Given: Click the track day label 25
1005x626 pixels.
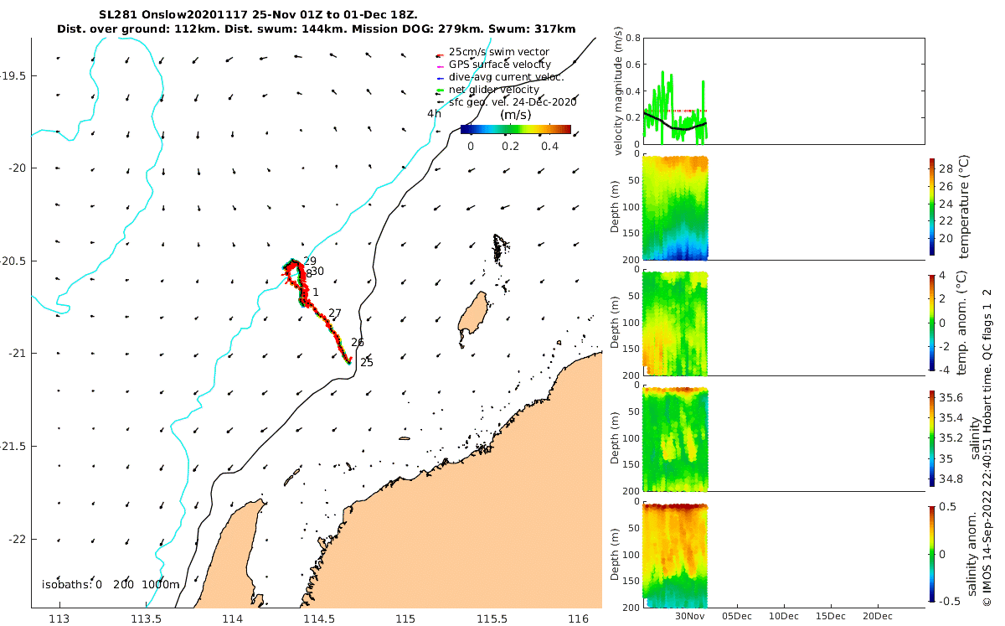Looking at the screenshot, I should (x=366, y=363).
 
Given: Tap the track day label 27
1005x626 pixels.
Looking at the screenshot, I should (x=335, y=313).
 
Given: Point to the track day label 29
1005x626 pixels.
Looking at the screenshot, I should (x=310, y=261).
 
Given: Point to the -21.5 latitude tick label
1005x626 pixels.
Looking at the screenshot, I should (x=14, y=446).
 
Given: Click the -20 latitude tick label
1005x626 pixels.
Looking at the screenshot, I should (x=18, y=168).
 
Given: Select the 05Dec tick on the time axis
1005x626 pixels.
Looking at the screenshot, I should (x=736, y=616).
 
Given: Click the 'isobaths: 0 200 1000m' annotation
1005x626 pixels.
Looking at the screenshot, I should (x=111, y=585).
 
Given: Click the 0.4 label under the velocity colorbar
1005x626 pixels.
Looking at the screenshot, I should (x=549, y=146).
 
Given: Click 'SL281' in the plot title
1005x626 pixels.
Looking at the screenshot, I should (x=116, y=14).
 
